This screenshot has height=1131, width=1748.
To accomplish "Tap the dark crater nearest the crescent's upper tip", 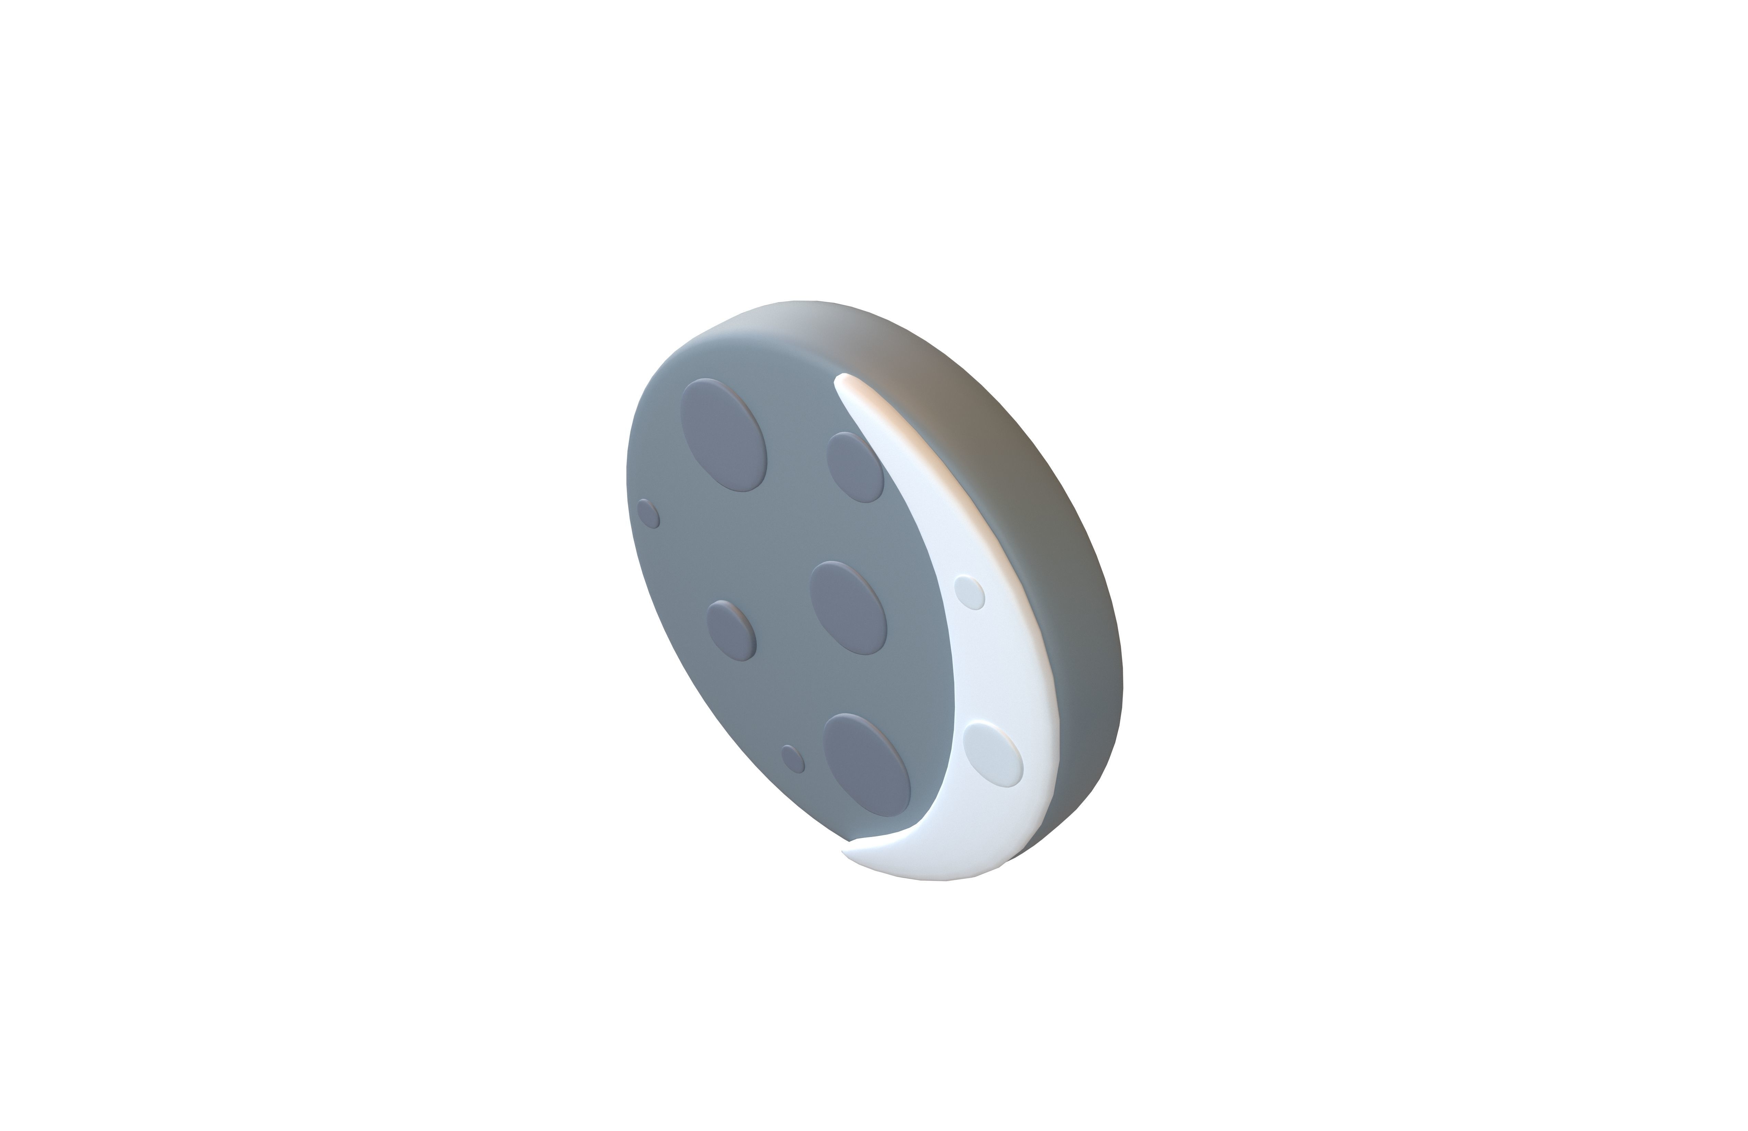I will pos(854,467).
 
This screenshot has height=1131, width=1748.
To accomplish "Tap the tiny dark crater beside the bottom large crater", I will pos(793,759).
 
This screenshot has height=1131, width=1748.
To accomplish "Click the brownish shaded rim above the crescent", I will pos(977,411).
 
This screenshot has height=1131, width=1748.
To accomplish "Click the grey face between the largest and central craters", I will pos(786,529).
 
